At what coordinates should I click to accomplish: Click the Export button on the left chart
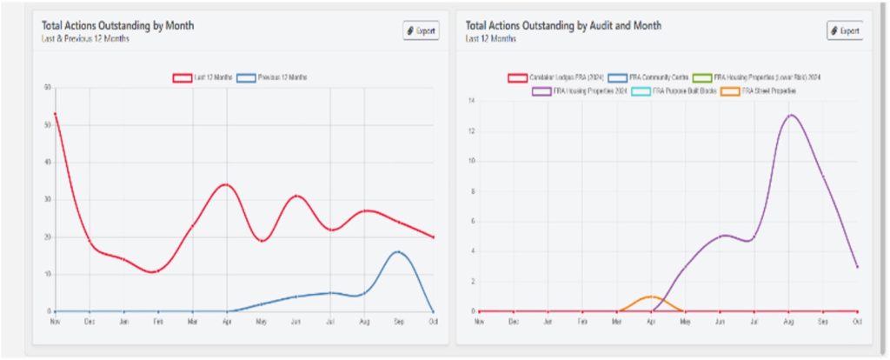click(422, 30)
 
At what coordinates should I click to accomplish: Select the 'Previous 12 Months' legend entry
click(271, 77)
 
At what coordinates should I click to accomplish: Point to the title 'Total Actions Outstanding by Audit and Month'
click(563, 25)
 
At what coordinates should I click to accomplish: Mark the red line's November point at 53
click(55, 113)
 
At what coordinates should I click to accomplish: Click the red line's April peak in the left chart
click(226, 184)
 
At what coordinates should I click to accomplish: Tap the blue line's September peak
click(398, 251)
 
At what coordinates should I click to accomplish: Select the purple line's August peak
click(789, 115)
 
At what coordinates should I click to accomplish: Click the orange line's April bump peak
click(651, 297)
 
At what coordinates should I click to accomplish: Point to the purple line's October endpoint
click(857, 266)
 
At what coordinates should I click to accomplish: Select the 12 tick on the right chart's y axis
click(470, 131)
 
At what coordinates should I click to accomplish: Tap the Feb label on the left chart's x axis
click(157, 321)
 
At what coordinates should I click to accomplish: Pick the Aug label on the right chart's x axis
click(788, 321)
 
